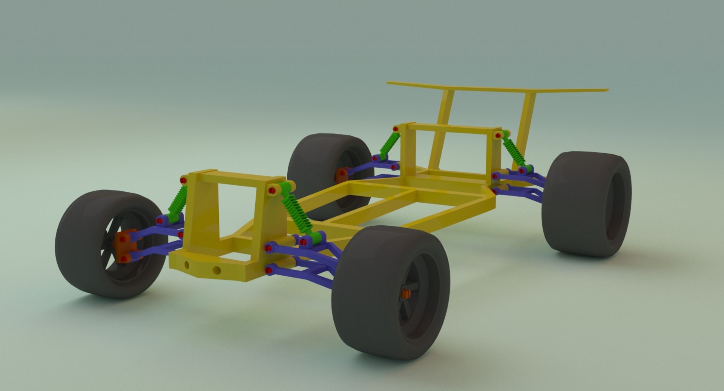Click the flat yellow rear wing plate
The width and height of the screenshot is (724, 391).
(498, 88)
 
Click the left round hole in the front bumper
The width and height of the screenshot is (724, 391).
(187, 265)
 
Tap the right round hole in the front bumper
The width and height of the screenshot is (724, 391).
(216, 270)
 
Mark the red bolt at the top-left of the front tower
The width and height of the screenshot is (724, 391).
(183, 180)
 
